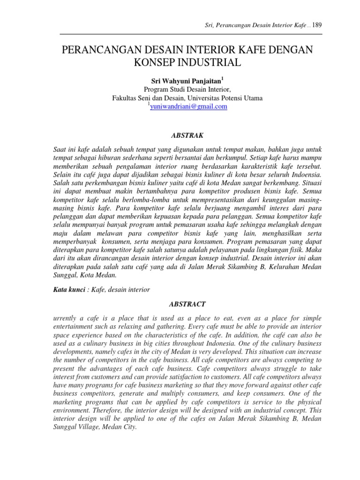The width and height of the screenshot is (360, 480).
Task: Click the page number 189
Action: tap(317, 25)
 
